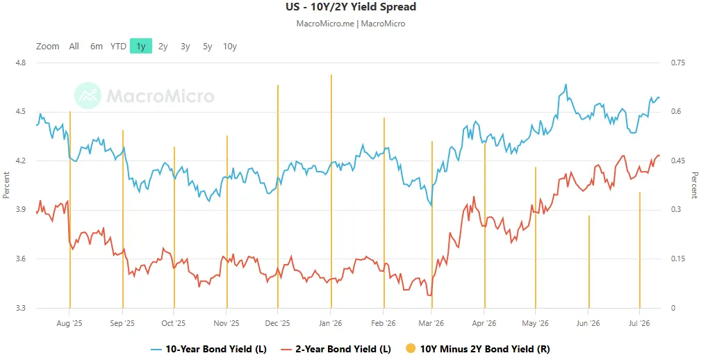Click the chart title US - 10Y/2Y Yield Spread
[x=351, y=7]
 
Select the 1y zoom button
[x=141, y=46]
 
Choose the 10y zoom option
[x=230, y=46]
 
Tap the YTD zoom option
[x=119, y=46]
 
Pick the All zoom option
[x=74, y=46]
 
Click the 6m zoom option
[x=96, y=46]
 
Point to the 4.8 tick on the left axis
[x=20, y=63]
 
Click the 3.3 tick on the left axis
[x=20, y=308]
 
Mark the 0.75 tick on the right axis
[x=678, y=63]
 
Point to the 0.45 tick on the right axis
[x=678, y=161]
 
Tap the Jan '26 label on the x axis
[x=331, y=323]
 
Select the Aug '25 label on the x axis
[x=69, y=323]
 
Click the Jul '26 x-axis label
[x=639, y=323]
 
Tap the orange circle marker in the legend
[x=411, y=349]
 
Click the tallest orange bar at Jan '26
[x=331, y=191]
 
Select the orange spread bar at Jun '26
[x=588, y=261]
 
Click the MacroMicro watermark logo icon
[x=88, y=95]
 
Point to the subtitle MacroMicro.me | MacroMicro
[x=351, y=23]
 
